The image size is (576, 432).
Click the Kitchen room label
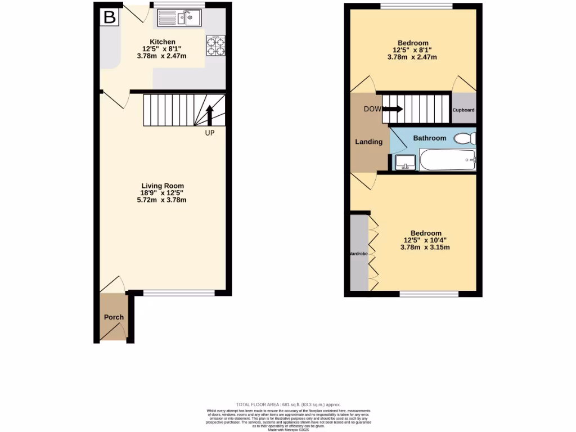162,42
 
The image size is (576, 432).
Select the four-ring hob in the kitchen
216,46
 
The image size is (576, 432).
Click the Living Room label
162,186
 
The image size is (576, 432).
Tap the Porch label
114,317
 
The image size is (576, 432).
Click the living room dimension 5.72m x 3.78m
162,200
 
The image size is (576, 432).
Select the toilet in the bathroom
465,139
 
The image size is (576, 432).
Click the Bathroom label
430,138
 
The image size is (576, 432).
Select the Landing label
368,142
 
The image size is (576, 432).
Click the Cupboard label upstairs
463,110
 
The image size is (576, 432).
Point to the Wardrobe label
358,254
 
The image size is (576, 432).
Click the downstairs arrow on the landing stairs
392,109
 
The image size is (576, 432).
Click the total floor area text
288,404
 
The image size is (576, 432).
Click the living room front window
179,292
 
